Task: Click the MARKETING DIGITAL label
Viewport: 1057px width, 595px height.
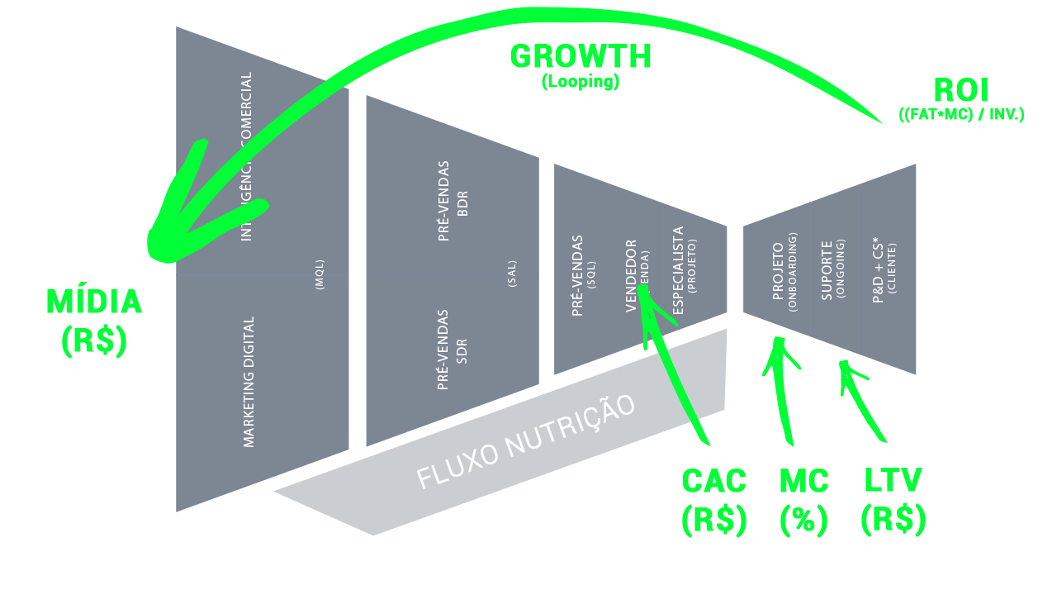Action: [249, 382]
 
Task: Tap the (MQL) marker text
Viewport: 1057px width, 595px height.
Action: [320, 274]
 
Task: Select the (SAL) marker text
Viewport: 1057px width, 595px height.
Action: [512, 274]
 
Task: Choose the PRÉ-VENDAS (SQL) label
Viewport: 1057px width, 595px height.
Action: [583, 276]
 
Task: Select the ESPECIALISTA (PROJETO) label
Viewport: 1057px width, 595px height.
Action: [685, 270]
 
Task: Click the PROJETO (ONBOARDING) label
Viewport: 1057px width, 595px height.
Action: [784, 272]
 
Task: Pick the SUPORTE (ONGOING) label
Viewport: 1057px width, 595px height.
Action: [833, 269]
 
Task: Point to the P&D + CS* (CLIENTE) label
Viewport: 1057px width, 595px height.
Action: [884, 272]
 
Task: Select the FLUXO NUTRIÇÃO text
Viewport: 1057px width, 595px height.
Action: [526, 442]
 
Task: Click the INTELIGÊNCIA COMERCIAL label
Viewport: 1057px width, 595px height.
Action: [246, 157]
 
